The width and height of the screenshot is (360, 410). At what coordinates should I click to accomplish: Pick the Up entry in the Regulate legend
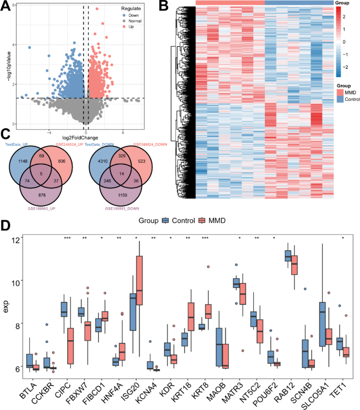[x=130, y=33]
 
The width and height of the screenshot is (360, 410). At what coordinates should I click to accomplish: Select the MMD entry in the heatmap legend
[x=344, y=92]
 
